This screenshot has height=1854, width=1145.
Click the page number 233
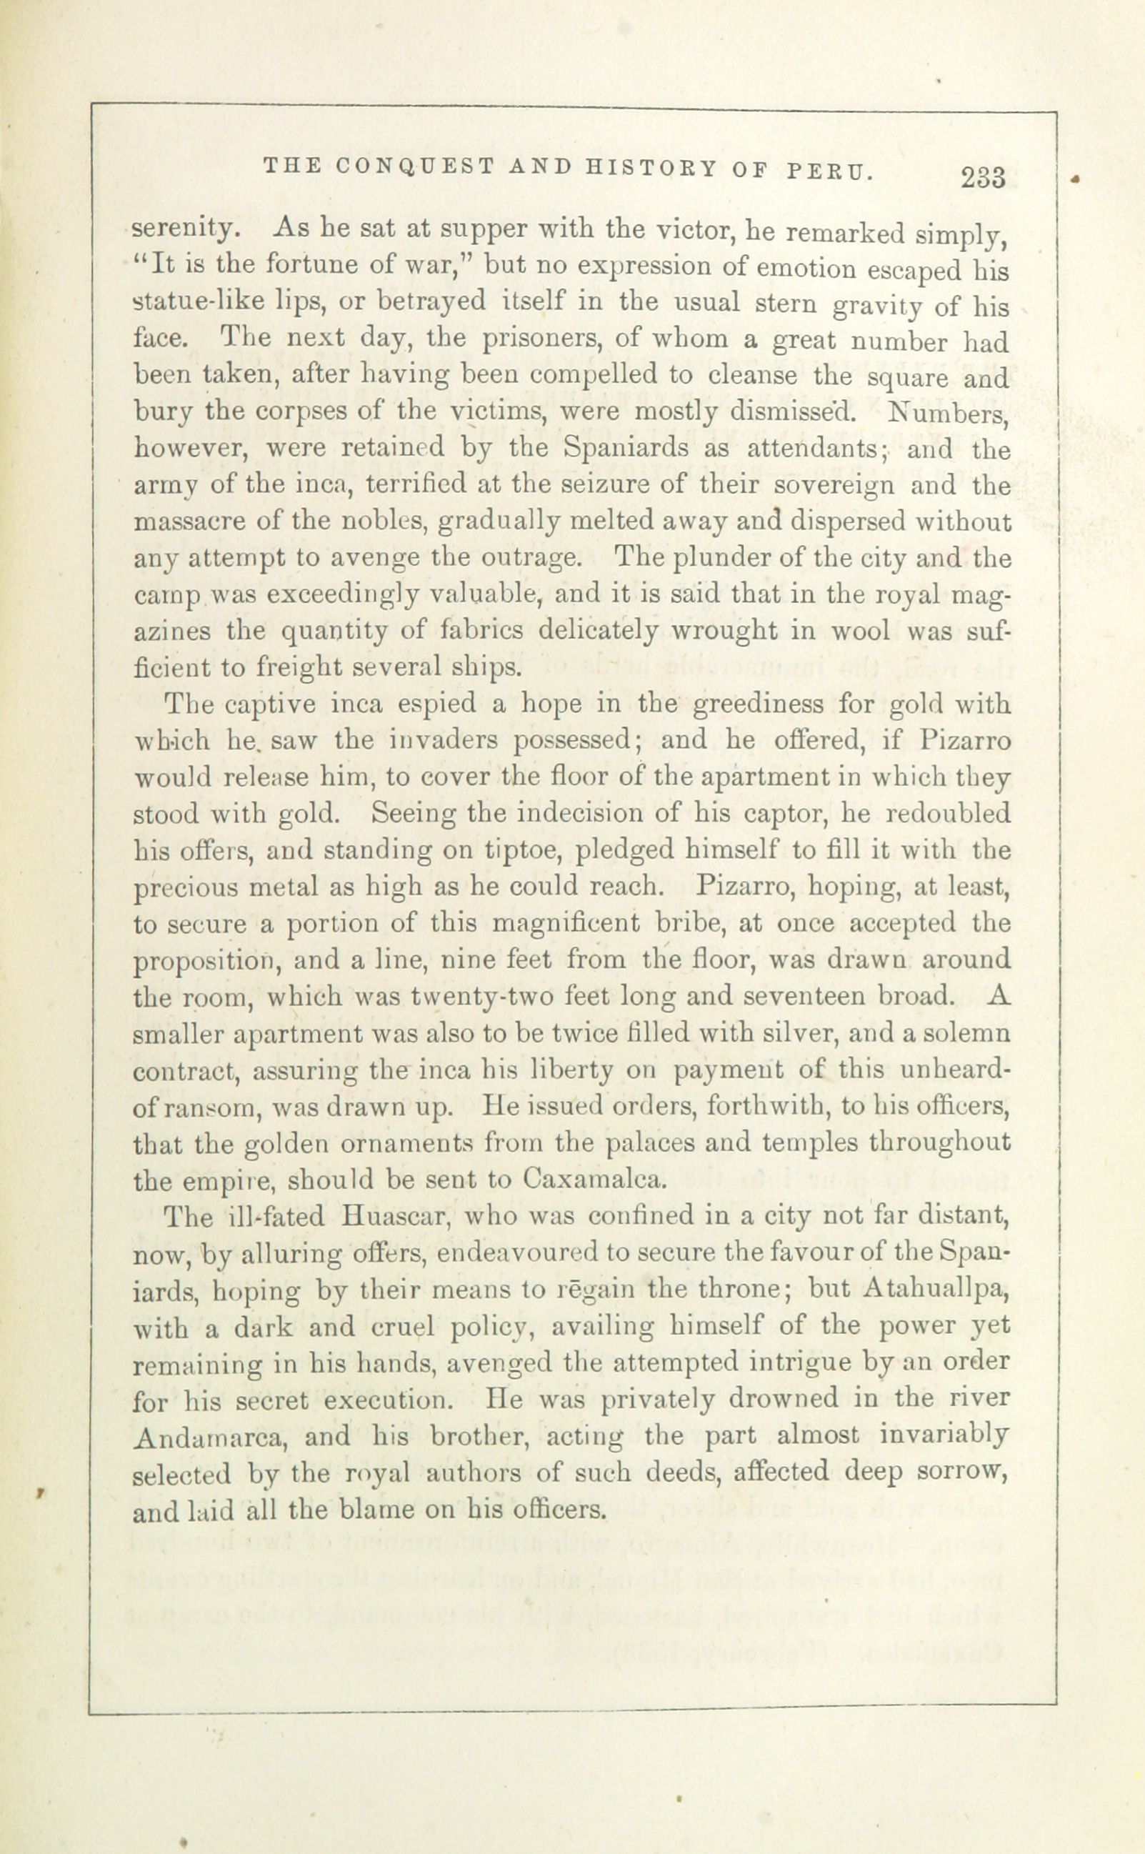pyautogui.click(x=983, y=177)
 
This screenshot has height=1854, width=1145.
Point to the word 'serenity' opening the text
pyautogui.click(x=180, y=229)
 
